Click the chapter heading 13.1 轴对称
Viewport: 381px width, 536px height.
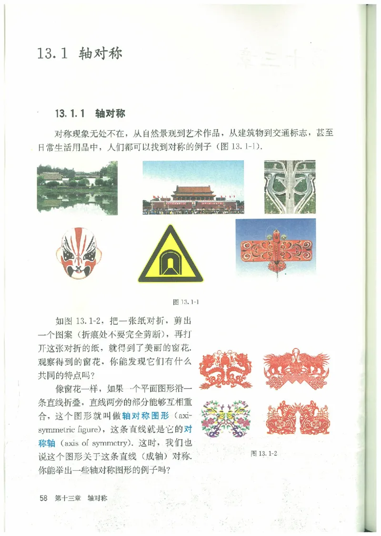pyautogui.click(x=80, y=53)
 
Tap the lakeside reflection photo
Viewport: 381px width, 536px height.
pyautogui.click(x=77, y=186)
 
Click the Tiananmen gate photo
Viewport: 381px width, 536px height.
pyautogui.click(x=193, y=187)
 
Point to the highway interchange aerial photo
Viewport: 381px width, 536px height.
pyautogui.click(x=290, y=187)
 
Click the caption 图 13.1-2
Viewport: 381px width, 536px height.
pyautogui.click(x=264, y=453)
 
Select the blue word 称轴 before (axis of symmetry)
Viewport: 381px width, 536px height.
pyautogui.click(x=47, y=440)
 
